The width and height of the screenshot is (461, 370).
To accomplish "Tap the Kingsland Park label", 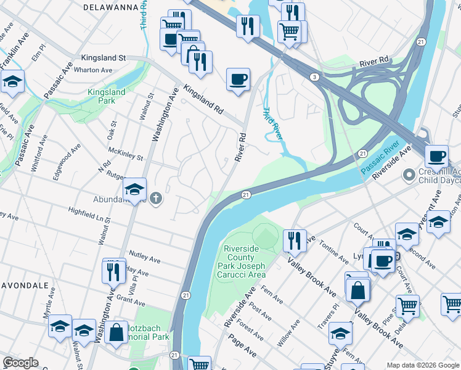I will point(106,96).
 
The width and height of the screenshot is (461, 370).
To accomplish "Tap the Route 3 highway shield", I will point(314,76).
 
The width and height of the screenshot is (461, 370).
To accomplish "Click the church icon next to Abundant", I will point(157,198).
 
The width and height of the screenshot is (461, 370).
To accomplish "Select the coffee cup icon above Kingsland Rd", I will point(238,80).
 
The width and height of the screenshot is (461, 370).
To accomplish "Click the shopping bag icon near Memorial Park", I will point(116,332).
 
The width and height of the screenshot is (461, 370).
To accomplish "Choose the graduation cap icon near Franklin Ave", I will point(12,81).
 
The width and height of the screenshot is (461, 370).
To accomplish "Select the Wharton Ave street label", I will point(93,70).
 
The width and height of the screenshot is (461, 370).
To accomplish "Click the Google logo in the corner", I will point(20,363).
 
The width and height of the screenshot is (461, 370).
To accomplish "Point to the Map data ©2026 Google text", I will point(422,364).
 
